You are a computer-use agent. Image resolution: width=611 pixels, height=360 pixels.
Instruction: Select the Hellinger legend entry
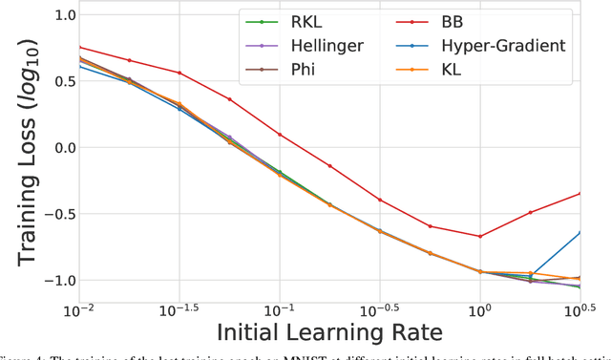click(303, 44)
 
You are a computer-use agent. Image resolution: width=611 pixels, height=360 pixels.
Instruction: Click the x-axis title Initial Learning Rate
click(328, 334)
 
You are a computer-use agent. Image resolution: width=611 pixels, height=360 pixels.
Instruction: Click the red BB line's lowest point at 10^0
click(480, 236)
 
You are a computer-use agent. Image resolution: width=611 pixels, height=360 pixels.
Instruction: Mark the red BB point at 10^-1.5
click(179, 73)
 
